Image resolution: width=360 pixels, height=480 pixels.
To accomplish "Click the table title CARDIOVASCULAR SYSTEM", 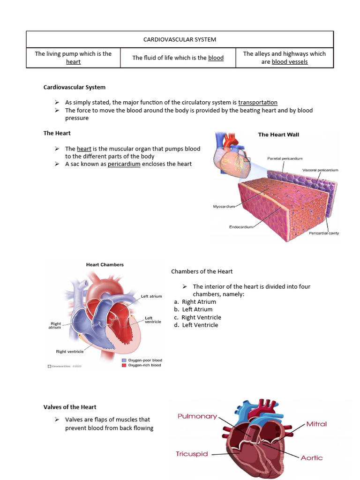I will (x=180, y=39).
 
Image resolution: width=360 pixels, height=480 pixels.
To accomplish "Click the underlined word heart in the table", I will (x=73, y=62).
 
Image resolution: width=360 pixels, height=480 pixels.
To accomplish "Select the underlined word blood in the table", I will (x=216, y=58).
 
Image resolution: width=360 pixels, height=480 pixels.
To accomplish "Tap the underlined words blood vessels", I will (x=290, y=62).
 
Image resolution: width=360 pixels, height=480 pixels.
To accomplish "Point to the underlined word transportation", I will (x=258, y=102).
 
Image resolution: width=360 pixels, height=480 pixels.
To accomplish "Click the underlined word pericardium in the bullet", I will (x=124, y=164).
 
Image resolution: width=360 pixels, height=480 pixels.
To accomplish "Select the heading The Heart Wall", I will (x=278, y=135).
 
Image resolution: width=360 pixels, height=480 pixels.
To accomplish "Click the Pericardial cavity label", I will (x=323, y=233).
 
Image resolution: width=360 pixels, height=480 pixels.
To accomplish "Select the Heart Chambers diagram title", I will (x=105, y=264).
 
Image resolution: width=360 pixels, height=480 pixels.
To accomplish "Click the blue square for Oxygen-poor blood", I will (x=124, y=360).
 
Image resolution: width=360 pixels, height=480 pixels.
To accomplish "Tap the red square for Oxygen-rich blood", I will (x=124, y=365).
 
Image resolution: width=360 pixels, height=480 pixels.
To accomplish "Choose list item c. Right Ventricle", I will (x=197, y=317).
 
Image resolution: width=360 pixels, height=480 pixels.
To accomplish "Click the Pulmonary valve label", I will (x=197, y=416).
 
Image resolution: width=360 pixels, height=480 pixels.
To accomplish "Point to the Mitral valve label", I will (x=316, y=424).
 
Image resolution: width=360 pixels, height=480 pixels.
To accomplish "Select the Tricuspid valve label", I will (x=192, y=454).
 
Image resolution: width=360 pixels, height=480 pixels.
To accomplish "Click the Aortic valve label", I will (x=311, y=457).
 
